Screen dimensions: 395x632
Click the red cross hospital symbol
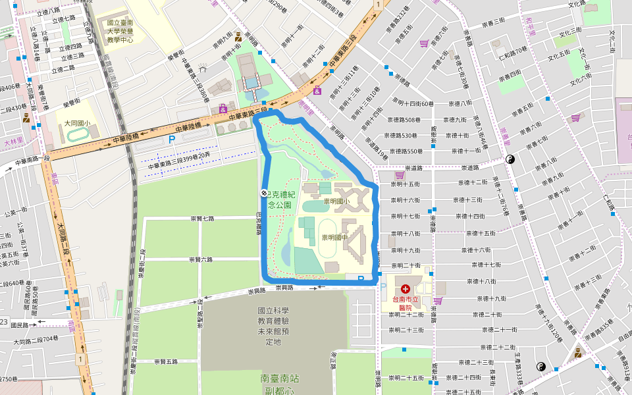(x=405, y=289)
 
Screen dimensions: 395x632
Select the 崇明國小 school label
(x=336, y=201)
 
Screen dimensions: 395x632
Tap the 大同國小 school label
(x=76, y=123)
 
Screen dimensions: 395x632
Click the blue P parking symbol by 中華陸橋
(x=172, y=140)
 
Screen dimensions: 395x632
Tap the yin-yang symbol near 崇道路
(x=510, y=159)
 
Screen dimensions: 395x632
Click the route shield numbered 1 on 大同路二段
(x=80, y=359)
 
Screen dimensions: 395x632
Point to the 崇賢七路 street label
(x=202, y=218)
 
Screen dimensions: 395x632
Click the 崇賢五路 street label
(x=165, y=361)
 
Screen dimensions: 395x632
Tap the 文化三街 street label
(x=570, y=30)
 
